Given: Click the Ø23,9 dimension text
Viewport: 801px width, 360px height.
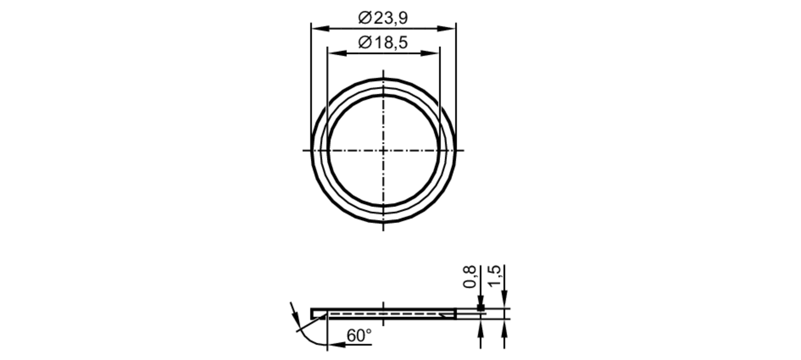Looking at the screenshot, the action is (383, 18).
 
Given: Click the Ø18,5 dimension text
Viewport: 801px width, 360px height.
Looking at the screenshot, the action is (383, 42).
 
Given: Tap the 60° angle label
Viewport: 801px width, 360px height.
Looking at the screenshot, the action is (359, 336).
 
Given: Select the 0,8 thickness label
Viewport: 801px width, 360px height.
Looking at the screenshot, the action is (470, 277).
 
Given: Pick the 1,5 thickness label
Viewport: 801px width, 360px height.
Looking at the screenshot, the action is (495, 276).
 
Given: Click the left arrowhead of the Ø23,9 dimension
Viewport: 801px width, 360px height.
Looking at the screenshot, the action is (320, 28).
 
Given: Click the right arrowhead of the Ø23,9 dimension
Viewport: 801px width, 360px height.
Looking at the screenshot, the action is (447, 28).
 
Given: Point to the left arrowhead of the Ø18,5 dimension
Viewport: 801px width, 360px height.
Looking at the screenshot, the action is (337, 53).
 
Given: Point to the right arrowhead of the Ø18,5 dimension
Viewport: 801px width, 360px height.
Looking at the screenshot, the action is (431, 53).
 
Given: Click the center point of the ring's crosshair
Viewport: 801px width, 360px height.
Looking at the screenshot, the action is (383, 151).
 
